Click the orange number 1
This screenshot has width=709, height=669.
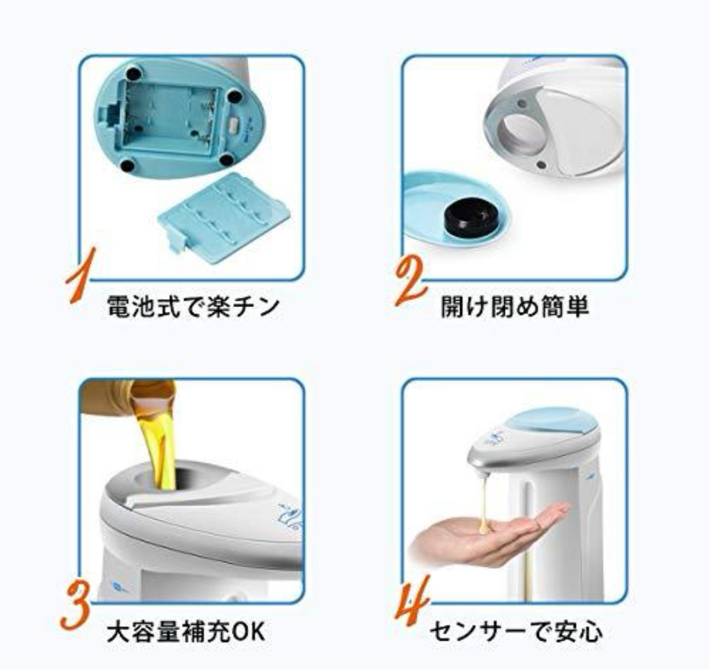81,275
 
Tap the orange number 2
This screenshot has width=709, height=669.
410,281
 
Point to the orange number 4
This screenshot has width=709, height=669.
412,601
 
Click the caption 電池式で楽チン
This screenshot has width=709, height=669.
193,306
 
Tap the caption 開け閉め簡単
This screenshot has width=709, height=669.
515,306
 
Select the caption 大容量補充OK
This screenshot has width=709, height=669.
185,631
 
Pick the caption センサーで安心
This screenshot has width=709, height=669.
516,631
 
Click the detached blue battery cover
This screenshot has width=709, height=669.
224,218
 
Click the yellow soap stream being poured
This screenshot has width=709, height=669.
159,448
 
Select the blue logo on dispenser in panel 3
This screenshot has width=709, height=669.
289,516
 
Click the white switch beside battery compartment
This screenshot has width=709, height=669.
235,125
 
